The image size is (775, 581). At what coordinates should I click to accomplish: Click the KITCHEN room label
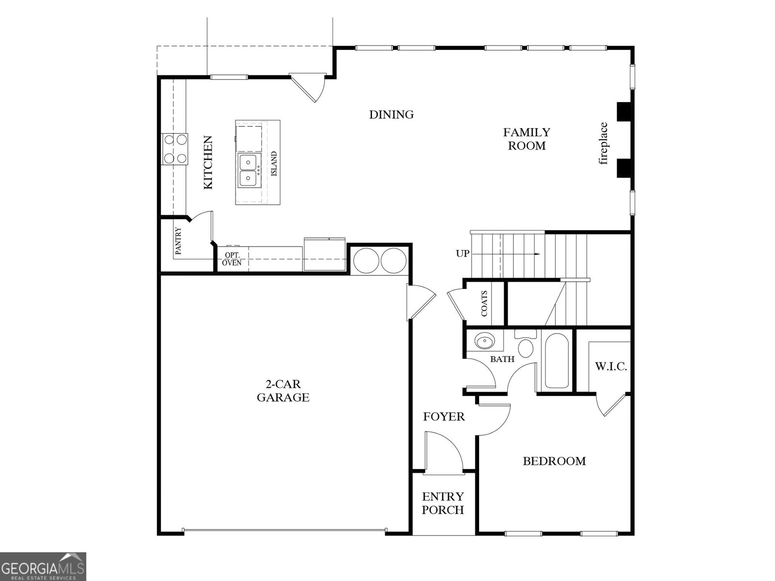coord(208,163)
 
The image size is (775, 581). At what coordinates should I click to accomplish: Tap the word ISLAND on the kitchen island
coord(274,164)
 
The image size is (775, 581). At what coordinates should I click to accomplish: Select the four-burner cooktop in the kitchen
coord(175,149)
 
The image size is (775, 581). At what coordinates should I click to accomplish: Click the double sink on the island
coord(248,170)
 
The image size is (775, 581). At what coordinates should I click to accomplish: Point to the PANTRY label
coord(178,241)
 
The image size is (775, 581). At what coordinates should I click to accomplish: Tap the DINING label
coord(391,115)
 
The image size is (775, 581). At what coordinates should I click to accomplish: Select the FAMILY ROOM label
coord(527,139)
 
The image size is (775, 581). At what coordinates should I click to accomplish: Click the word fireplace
coord(603,144)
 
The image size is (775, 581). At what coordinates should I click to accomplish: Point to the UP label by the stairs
coord(463,253)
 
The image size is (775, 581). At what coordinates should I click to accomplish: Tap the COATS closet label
coord(484,304)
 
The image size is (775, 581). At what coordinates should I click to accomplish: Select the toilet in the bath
coord(526,345)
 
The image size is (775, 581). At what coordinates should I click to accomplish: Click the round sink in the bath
coord(484,342)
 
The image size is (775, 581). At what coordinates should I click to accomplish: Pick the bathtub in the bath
coord(556,361)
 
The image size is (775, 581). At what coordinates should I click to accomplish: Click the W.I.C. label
coord(611,367)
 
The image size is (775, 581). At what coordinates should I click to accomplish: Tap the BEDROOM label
coord(554,461)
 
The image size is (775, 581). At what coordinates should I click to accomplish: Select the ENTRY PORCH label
coord(443,503)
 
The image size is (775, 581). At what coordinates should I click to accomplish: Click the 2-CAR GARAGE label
coord(283,391)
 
